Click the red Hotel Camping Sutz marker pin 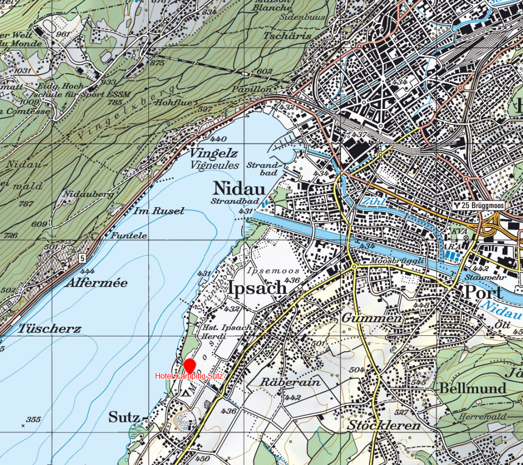(x=189, y=366)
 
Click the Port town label (x=482, y=293)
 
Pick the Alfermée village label (x=97, y=283)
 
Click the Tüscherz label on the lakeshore (x=50, y=329)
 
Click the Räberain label (x=290, y=382)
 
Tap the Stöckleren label (x=383, y=426)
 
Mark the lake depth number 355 (x=33, y=420)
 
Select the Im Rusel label (x=159, y=211)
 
